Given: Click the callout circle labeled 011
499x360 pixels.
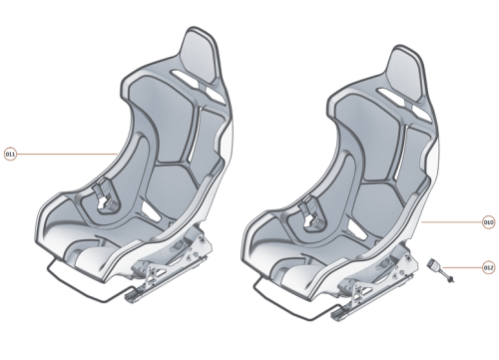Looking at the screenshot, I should [x=11, y=155].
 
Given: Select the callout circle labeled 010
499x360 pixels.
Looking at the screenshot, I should [x=489, y=220].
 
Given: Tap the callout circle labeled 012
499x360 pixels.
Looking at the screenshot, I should [x=489, y=267].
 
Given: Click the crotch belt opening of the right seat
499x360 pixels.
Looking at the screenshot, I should [x=311, y=195].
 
